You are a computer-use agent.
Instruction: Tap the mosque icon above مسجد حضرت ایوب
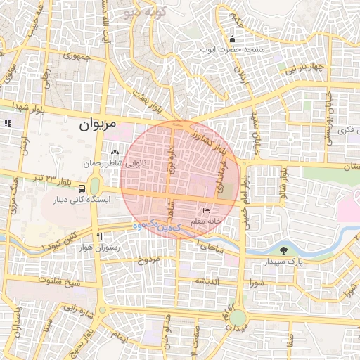(232, 39)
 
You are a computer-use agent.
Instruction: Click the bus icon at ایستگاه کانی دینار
(83, 188)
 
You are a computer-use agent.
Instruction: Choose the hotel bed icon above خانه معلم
(206, 210)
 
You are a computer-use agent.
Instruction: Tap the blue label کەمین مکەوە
(156, 227)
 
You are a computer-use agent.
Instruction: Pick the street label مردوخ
(150, 259)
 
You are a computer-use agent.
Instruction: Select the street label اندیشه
(209, 281)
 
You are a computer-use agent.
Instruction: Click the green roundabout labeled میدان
(238, 318)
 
